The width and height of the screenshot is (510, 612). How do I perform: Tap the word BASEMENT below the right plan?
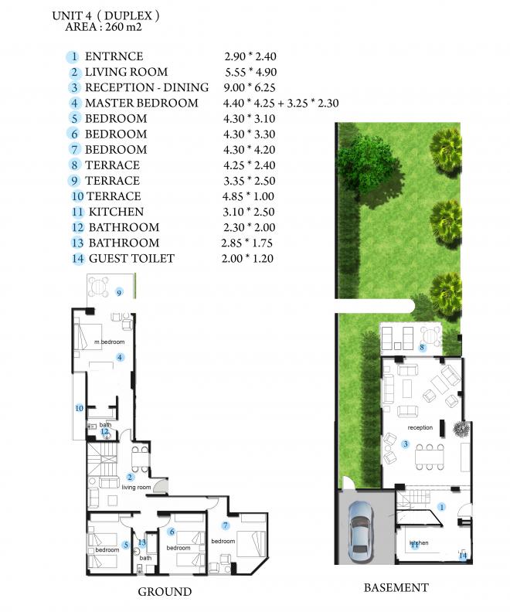click(x=396, y=587)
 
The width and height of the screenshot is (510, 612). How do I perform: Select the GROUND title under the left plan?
click(x=165, y=591)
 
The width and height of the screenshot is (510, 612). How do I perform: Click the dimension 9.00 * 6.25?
click(x=250, y=87)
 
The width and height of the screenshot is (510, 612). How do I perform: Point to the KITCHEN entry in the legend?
click(x=116, y=212)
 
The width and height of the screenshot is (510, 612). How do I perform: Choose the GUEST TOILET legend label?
click(x=131, y=258)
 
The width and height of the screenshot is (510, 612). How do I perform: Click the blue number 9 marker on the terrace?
click(x=120, y=292)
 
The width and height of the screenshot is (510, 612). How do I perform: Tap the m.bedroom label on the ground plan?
click(x=109, y=342)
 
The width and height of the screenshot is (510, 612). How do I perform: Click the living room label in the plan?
click(x=136, y=487)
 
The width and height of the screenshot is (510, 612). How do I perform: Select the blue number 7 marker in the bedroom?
click(x=225, y=525)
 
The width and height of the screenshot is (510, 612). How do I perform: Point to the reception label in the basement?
click(x=420, y=427)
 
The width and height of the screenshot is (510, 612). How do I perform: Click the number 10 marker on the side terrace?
click(x=80, y=408)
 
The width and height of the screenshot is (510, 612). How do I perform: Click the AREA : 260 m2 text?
click(x=104, y=27)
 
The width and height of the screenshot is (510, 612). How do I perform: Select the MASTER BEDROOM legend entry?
click(x=141, y=103)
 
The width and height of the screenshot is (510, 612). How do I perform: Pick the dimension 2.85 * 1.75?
click(x=246, y=243)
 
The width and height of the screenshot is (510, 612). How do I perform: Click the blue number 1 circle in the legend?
click(x=73, y=57)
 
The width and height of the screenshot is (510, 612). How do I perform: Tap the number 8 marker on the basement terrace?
click(x=422, y=347)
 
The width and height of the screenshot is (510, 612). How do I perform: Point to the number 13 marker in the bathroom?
click(x=141, y=542)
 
